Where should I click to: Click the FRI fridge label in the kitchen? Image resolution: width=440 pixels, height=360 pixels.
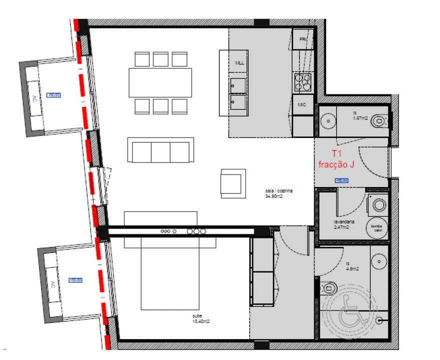[x=302, y=39]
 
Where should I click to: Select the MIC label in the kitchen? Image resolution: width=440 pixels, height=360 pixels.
[x=302, y=104]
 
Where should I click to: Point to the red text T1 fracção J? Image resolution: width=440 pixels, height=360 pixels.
[x=336, y=159]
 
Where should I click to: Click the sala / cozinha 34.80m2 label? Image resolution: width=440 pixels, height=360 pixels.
[x=279, y=193]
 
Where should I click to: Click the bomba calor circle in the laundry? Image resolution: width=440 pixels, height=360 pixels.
[x=376, y=227]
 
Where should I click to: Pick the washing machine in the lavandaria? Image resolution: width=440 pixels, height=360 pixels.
[x=379, y=204]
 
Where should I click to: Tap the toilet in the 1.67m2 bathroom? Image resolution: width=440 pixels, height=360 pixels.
[x=381, y=120]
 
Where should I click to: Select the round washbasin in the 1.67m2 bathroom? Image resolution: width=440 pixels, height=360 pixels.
[x=328, y=120]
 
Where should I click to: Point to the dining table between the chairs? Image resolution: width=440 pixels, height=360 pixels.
[x=160, y=82]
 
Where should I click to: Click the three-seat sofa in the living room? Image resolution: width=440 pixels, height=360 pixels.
[x=160, y=150]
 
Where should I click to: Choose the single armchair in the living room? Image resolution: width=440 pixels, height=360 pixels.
[x=233, y=183]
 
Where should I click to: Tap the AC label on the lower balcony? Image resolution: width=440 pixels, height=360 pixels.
[x=52, y=284]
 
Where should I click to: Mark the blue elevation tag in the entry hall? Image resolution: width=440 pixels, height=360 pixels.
[x=341, y=180]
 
